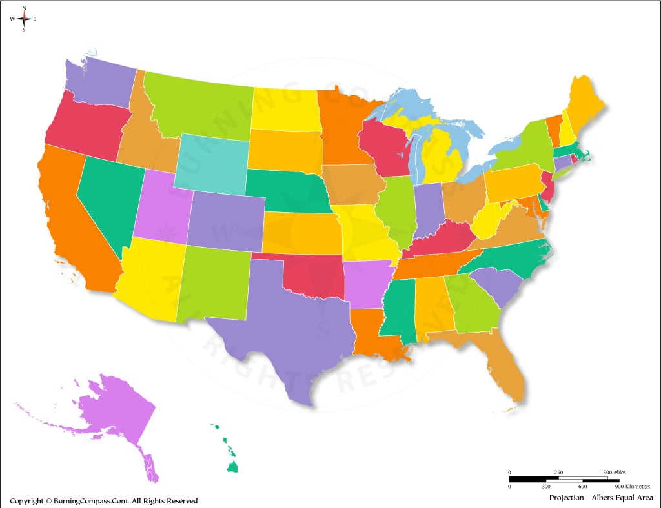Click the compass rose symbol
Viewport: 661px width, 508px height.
point(24,19)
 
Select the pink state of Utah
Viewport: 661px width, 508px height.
point(161,206)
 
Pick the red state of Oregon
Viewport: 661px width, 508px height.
point(84,126)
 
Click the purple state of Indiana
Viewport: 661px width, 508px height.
point(427,210)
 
